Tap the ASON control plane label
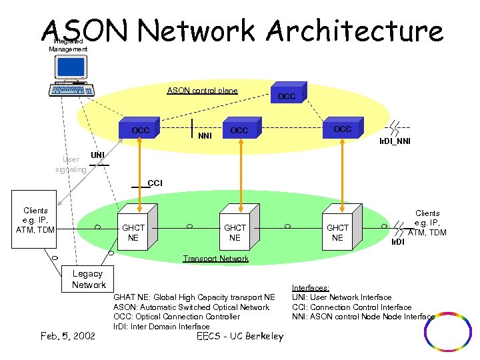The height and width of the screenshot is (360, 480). click(x=202, y=91)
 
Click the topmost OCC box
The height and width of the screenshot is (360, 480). click(x=287, y=95)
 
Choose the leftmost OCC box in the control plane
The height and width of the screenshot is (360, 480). click(x=141, y=130)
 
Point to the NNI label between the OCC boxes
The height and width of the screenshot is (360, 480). click(x=205, y=136)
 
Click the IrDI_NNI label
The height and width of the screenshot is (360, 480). click(x=395, y=141)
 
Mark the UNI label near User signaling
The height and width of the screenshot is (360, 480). click(x=97, y=155)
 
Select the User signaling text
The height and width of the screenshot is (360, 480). click(x=71, y=165)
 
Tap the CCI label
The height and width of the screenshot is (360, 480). click(x=154, y=183)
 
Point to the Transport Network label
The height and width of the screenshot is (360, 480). click(x=215, y=259)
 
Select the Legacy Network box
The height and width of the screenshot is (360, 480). click(x=89, y=279)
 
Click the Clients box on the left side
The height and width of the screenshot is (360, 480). click(x=36, y=220)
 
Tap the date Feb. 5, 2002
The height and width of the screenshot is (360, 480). click(x=67, y=335)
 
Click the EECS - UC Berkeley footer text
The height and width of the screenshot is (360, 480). click(x=240, y=336)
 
